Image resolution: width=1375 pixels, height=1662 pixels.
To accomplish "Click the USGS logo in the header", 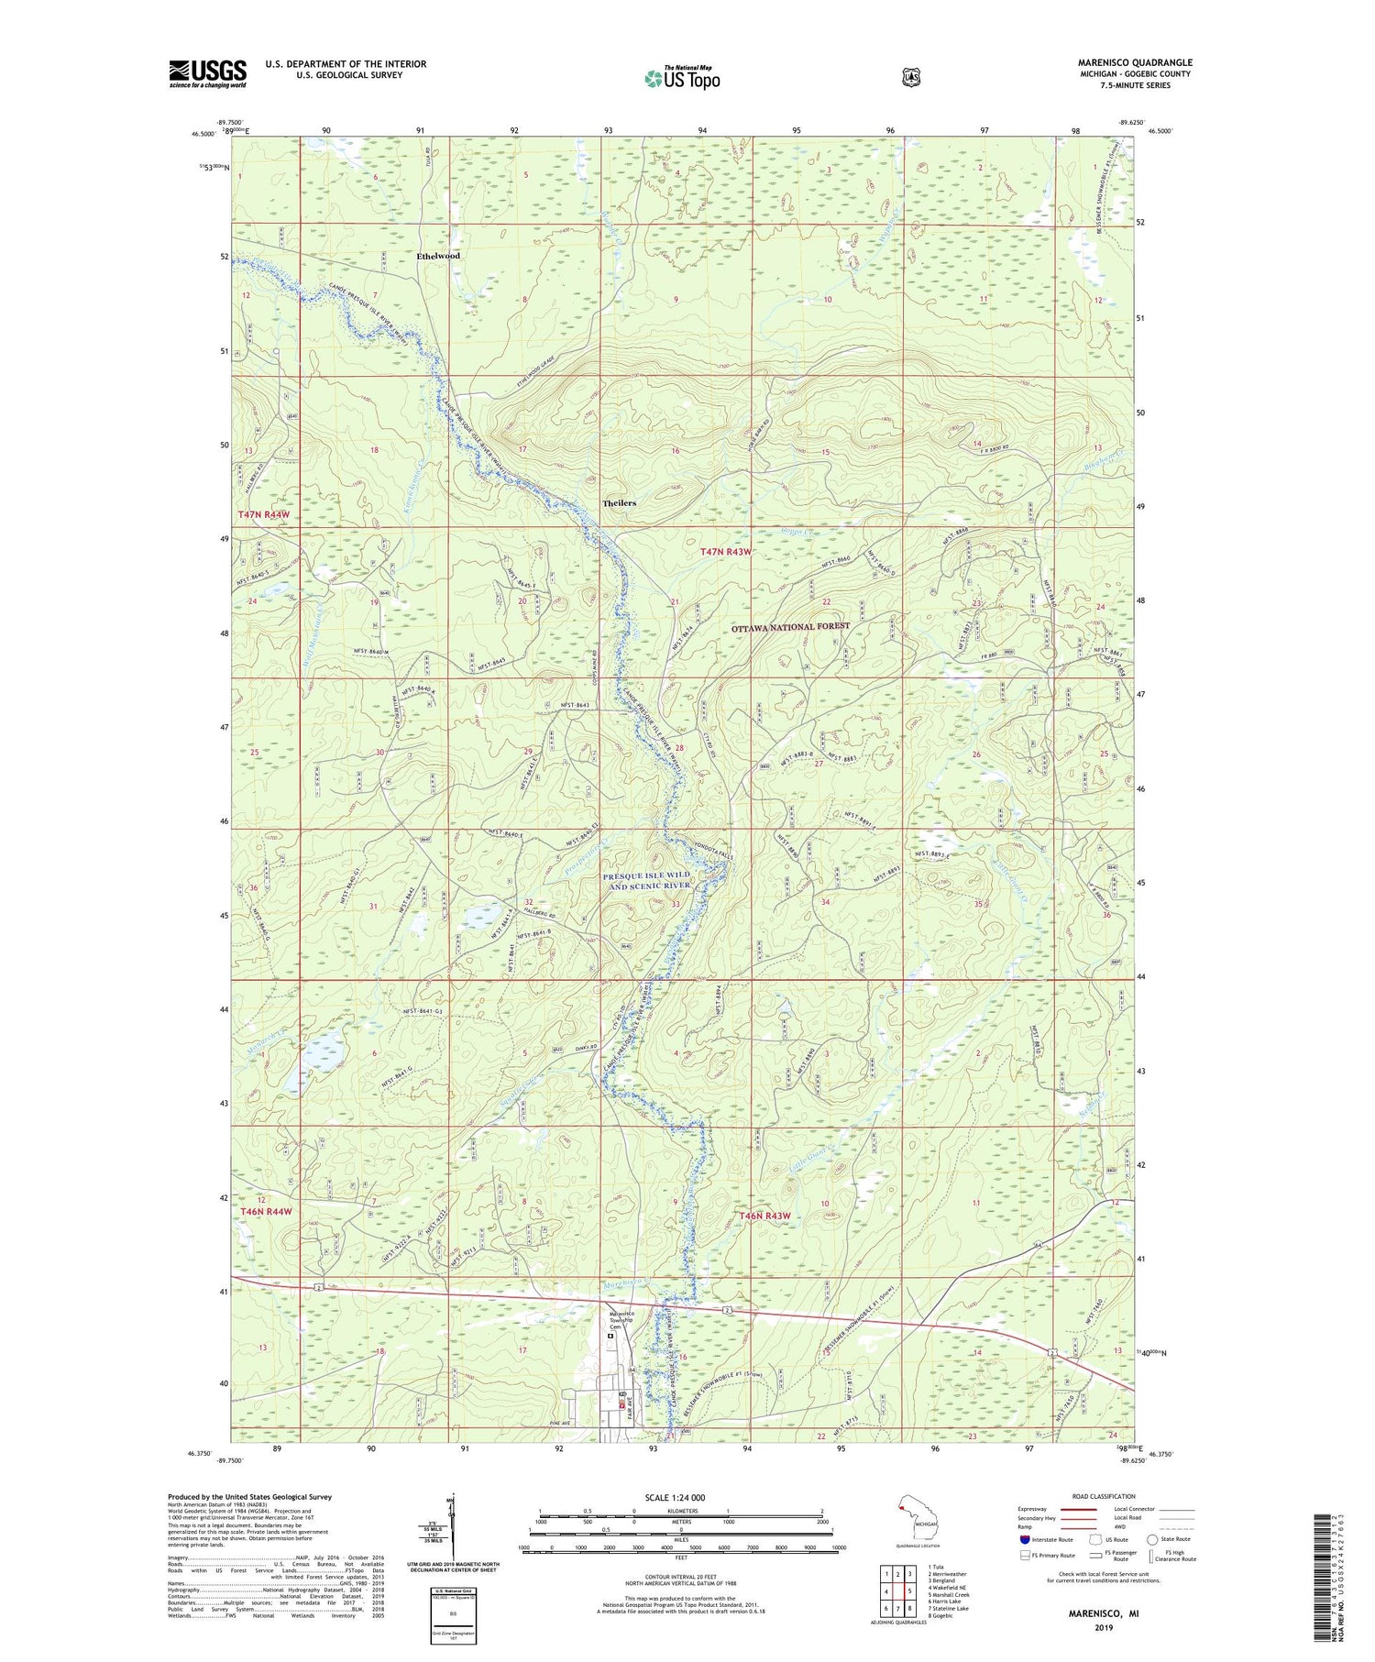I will click(x=207, y=73).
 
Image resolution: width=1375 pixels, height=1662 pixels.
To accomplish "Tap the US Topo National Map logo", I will click(x=682, y=77).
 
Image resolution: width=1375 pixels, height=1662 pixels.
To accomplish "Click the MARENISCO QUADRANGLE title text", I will click(x=1135, y=63).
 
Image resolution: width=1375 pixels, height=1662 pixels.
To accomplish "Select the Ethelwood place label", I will click(x=437, y=256).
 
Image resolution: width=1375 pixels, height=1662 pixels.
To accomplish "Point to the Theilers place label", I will click(x=619, y=503).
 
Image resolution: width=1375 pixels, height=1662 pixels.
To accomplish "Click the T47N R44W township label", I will click(x=264, y=515).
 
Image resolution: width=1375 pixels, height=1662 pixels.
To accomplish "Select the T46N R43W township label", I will click(x=764, y=1216).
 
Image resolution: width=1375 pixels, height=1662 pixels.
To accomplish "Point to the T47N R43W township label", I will click(x=725, y=552).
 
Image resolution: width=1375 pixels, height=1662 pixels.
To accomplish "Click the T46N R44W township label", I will click(x=266, y=1211).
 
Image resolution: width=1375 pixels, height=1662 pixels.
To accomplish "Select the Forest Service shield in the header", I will click(x=910, y=78).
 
